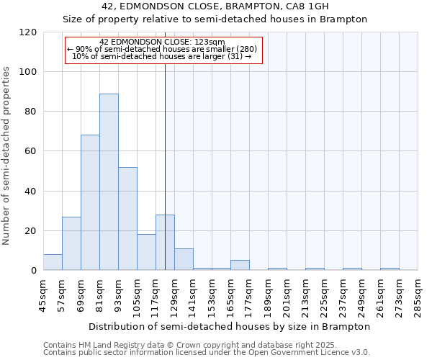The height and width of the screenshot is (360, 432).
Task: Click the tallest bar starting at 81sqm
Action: (x=109, y=181)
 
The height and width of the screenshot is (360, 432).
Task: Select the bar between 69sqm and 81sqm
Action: (x=90, y=202)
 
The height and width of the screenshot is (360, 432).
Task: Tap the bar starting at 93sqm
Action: (x=127, y=218)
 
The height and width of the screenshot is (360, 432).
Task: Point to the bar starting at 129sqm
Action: (x=184, y=259)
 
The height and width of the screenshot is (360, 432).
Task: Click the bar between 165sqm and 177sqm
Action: (x=240, y=265)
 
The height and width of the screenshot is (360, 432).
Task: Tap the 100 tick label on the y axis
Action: (x=27, y=72)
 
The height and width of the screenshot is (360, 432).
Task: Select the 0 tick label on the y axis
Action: (x=33, y=271)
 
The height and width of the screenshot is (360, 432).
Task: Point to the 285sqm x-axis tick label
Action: (x=418, y=293)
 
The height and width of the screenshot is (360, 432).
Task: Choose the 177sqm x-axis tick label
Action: (x=250, y=293)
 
